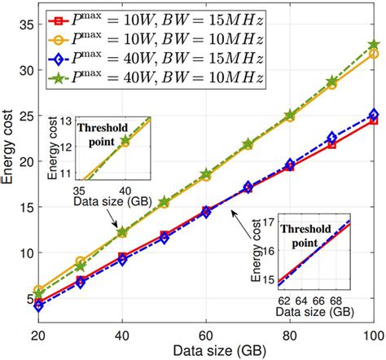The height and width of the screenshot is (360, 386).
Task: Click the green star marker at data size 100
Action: [x=374, y=46]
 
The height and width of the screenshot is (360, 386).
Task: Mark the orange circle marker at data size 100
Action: [x=374, y=54]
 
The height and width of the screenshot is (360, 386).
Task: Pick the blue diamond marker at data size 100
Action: [x=374, y=115]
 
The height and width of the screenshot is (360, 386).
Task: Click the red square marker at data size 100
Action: [x=374, y=121]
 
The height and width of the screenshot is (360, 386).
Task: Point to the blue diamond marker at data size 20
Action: [x=40, y=306]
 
